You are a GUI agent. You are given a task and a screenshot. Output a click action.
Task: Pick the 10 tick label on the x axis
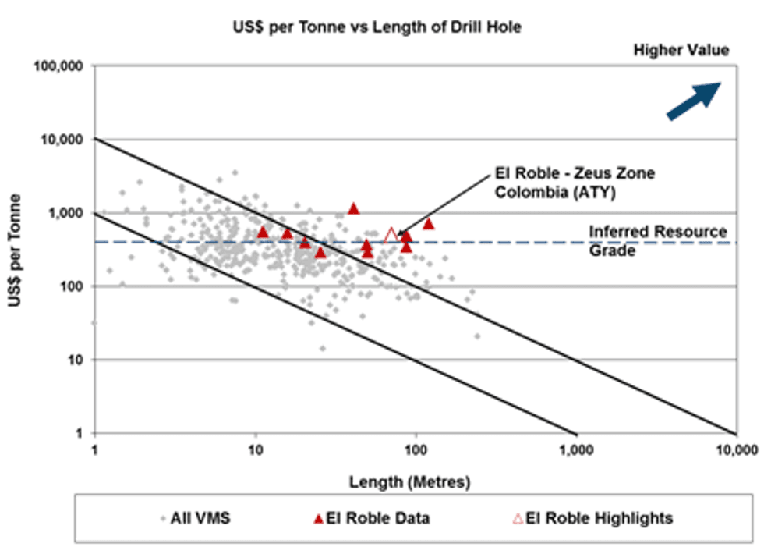(255, 450)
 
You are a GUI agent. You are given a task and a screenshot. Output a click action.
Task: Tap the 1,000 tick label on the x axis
(576, 450)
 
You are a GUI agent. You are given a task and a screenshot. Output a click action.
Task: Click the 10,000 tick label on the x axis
(736, 450)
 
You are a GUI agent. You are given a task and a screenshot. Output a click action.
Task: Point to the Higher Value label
(681, 51)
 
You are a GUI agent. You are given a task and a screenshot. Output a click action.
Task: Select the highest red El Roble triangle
(354, 208)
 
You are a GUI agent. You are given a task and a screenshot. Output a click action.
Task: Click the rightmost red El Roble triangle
(428, 224)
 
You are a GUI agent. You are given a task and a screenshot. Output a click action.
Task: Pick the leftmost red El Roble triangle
(263, 232)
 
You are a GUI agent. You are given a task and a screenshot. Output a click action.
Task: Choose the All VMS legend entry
(196, 517)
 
